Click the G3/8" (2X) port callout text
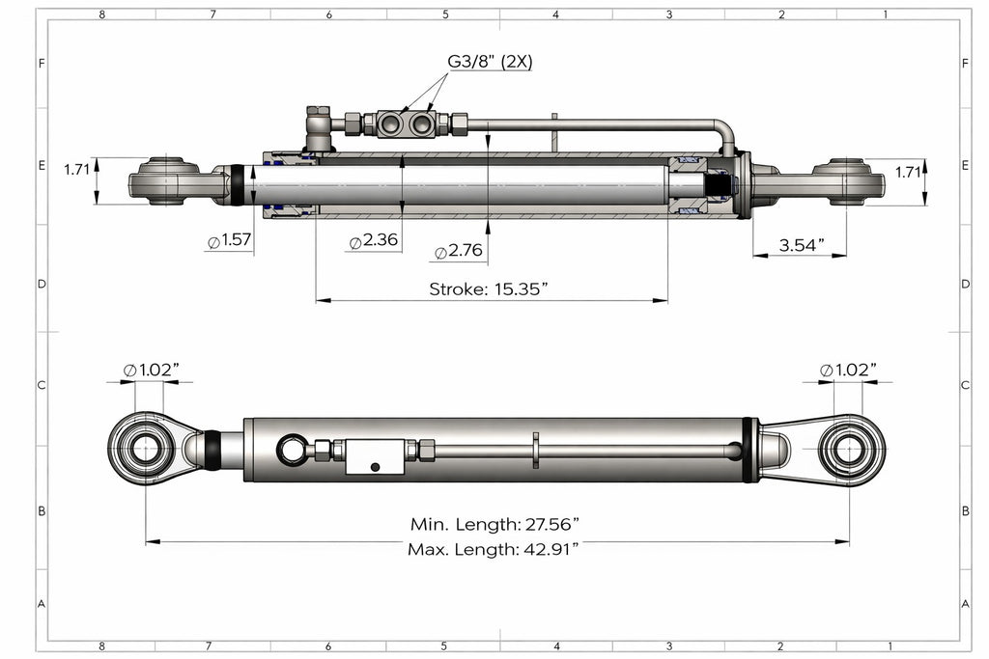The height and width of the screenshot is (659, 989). (490, 62)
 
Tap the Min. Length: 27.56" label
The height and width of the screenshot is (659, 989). (494, 525)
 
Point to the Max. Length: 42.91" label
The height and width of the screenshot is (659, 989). (494, 549)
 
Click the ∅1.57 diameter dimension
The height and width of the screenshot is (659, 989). (229, 240)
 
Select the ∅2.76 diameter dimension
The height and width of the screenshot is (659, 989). (460, 252)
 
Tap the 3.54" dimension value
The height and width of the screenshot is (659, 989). (801, 245)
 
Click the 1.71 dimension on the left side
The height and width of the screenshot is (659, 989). (77, 170)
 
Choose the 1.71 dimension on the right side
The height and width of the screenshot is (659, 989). (909, 173)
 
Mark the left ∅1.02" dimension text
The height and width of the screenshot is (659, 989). (152, 370)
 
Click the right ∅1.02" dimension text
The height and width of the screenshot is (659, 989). (848, 370)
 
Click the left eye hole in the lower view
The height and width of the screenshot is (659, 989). (146, 450)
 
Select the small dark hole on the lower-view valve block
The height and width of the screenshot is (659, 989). (375, 467)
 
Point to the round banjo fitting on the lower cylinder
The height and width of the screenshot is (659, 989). (292, 449)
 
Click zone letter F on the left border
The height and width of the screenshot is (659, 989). (41, 64)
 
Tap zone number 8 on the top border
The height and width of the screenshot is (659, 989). (101, 14)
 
